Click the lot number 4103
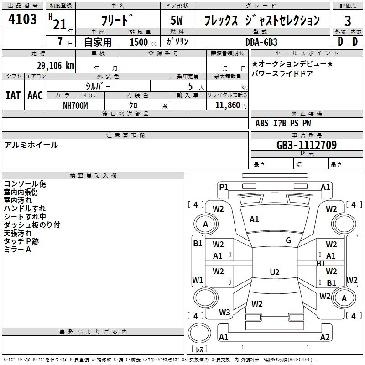[23, 20]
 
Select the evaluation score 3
[348, 21]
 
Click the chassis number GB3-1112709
[307, 145]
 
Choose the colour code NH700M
[75, 105]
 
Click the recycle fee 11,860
[226, 105]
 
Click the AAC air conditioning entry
[35, 95]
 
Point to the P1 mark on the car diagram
[224, 187]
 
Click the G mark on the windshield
[288, 240]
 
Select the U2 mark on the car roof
[275, 272]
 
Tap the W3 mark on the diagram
[224, 313]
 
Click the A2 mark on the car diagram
[325, 337]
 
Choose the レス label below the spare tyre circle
[199, 349]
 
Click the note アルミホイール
[31, 145]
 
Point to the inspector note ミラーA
[17, 250]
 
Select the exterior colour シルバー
[98, 86]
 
